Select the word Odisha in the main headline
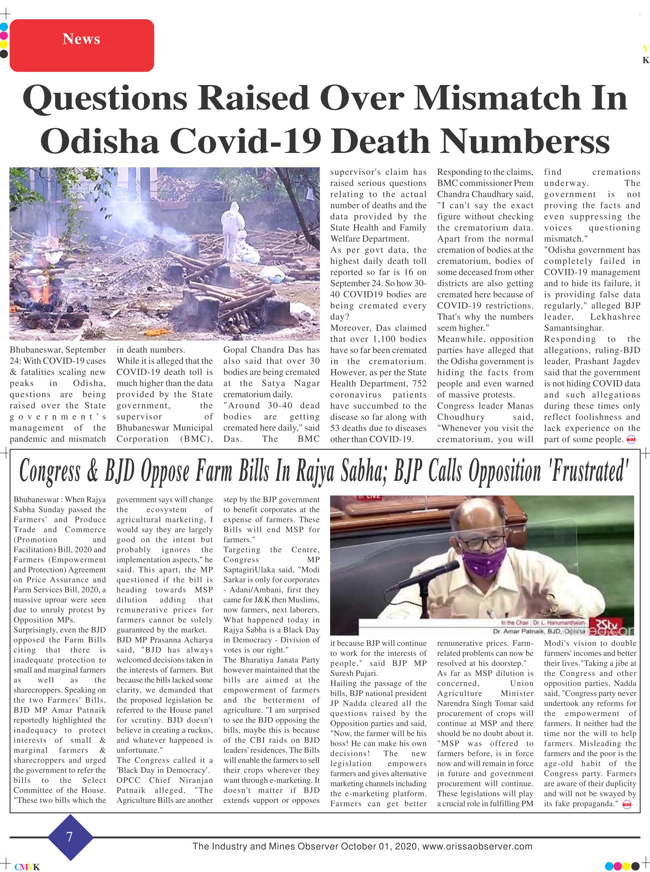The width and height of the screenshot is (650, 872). [99, 141]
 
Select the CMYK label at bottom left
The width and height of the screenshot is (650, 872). [27, 867]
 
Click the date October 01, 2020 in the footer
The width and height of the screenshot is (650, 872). [379, 846]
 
